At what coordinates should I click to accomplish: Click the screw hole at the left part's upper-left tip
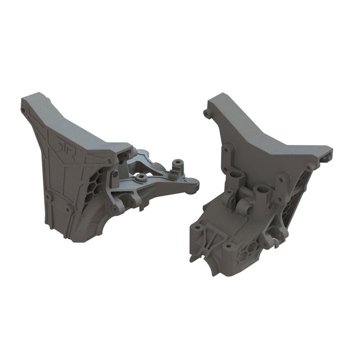click(x=24, y=109)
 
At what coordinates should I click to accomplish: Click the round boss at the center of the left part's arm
click(x=141, y=178)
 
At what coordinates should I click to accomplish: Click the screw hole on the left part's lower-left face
click(x=49, y=196)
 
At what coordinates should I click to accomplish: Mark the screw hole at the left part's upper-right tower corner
click(x=109, y=161)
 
